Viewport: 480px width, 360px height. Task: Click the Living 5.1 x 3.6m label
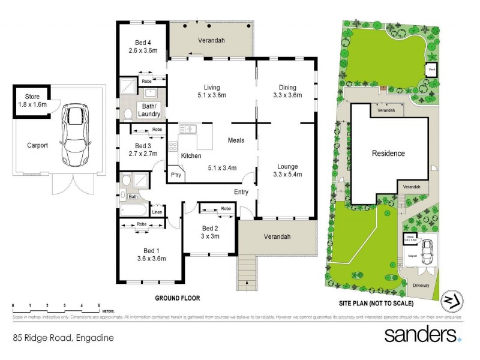coord(212,90)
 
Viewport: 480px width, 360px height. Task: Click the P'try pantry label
coord(176,175)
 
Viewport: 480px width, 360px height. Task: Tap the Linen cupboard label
coord(157,211)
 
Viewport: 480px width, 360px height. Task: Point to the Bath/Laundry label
coord(149,110)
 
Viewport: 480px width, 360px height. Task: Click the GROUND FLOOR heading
coord(177,298)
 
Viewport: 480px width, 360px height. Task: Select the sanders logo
coord(422,334)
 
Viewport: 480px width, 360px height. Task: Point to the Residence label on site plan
coord(388,153)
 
